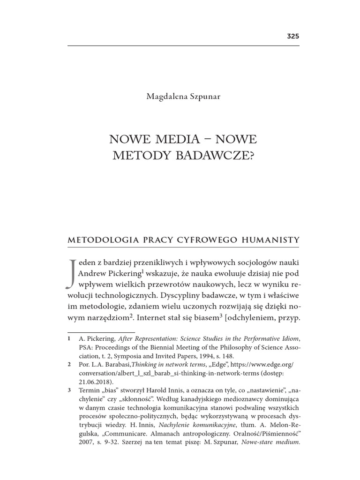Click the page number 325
point(292,36)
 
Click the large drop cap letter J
point(72,273)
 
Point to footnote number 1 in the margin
point(69,338)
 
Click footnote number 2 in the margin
point(69,364)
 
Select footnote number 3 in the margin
point(69,390)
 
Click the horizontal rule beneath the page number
point(183,45)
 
